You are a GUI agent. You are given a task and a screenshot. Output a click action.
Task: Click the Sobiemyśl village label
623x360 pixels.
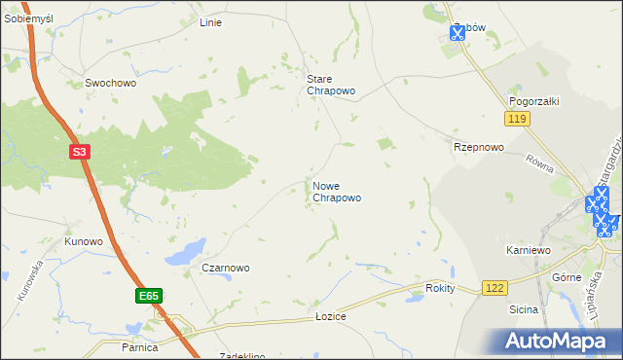[x=26, y=18]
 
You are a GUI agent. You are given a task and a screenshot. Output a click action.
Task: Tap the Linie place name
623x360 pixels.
[x=210, y=22]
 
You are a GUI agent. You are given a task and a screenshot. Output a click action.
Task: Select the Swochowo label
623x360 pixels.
[x=110, y=84]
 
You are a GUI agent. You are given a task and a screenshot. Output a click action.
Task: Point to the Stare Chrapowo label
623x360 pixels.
[x=331, y=85]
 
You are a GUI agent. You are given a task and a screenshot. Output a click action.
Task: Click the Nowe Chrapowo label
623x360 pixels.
[x=337, y=192]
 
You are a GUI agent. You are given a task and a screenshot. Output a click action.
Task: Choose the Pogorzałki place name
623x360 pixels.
[x=532, y=100]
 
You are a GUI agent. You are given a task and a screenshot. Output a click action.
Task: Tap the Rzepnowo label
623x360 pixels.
[x=479, y=147]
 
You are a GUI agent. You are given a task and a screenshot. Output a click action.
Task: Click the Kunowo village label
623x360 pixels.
[x=84, y=240]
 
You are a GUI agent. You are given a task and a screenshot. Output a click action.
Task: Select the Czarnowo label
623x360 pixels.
[x=226, y=268]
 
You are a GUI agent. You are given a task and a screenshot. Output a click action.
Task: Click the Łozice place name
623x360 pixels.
[x=331, y=317]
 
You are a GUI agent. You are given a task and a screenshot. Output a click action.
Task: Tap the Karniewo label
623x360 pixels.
[x=529, y=250]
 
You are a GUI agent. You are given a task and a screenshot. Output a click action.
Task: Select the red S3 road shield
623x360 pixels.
[x=81, y=152]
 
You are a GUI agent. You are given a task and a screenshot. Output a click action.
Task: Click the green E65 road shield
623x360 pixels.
[x=148, y=294]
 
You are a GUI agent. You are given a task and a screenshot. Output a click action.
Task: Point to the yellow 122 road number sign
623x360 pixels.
[x=495, y=288]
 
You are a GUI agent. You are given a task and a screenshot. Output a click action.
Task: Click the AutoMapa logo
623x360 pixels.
[x=556, y=341]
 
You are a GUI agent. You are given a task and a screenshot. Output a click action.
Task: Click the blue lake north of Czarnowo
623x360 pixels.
[x=185, y=252]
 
